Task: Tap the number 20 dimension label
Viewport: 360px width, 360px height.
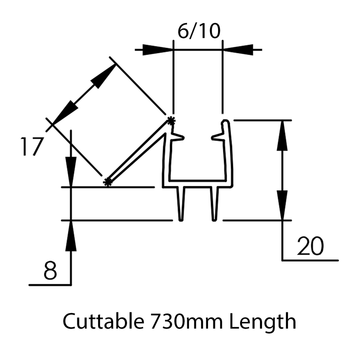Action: click(310, 246)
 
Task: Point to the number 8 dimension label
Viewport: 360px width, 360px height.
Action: click(49, 271)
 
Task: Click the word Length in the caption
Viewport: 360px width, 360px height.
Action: click(263, 321)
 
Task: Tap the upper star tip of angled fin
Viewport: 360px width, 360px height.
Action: click(171, 120)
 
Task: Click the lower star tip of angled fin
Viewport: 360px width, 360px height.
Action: click(107, 181)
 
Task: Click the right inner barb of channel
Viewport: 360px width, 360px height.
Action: click(217, 136)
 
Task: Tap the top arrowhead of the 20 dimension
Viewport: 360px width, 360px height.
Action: click(283, 134)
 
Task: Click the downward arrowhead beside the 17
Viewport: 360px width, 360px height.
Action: click(71, 172)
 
